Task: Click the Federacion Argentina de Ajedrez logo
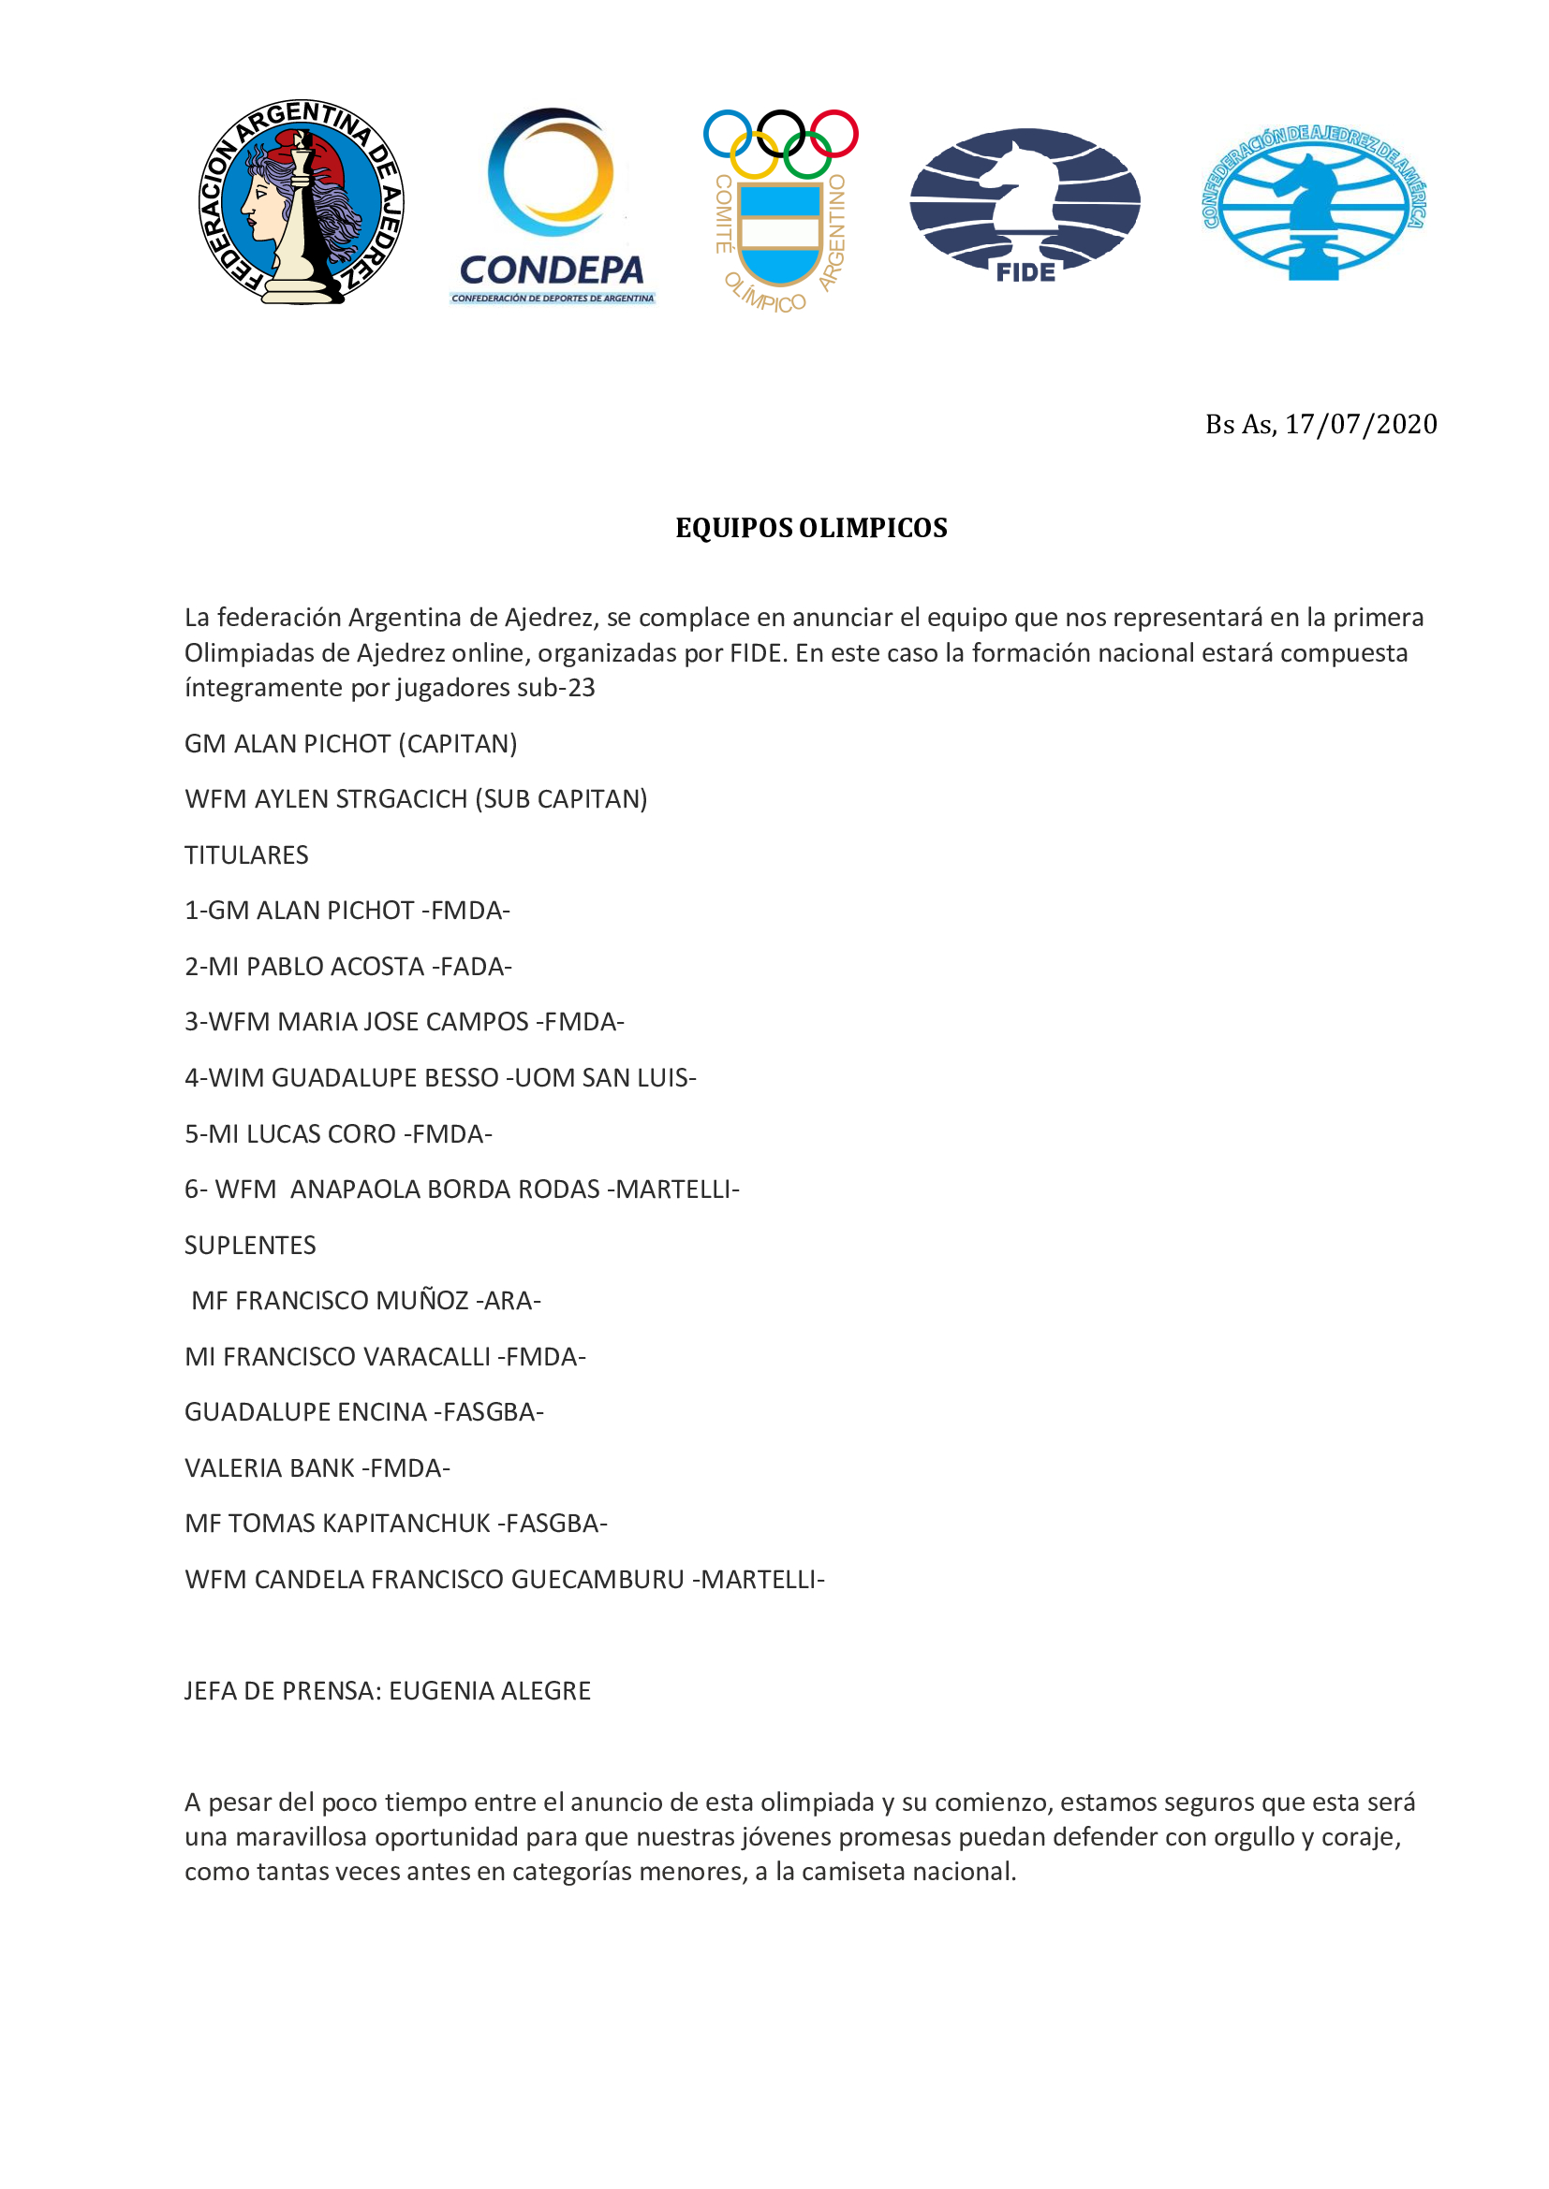coord(302,202)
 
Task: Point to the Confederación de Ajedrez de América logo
coord(1313,203)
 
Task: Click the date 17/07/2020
coord(1360,424)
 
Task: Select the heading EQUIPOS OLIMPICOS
coord(811,528)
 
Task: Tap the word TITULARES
coord(246,855)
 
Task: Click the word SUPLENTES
coord(250,1245)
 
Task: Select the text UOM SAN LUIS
coord(602,1078)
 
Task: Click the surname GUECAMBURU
coord(597,1580)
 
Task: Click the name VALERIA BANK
coord(269,1468)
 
